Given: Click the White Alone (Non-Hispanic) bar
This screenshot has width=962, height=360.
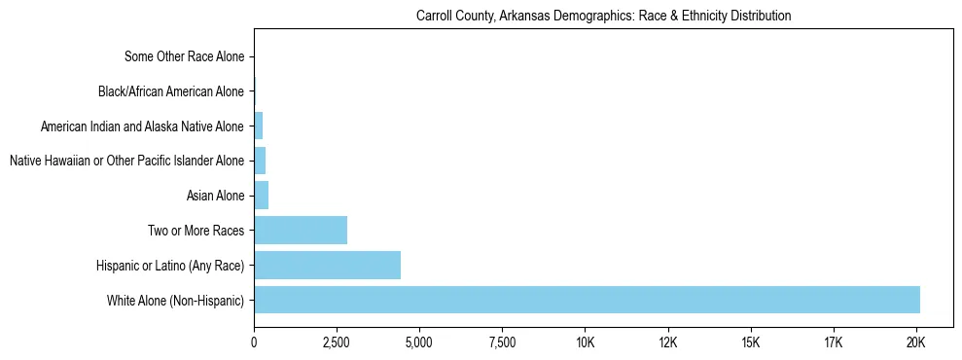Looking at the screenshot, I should pyautogui.click(x=587, y=300).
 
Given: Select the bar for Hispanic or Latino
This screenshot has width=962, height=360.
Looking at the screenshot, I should pyautogui.click(x=327, y=266).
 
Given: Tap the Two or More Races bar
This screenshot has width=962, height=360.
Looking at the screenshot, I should pyautogui.click(x=301, y=231).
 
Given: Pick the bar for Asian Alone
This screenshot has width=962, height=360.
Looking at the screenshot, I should pyautogui.click(x=261, y=196).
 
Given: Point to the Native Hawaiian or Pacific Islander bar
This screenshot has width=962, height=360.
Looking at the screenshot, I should pyautogui.click(x=260, y=161).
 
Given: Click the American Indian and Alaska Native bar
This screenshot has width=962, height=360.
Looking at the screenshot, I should pyautogui.click(x=259, y=126).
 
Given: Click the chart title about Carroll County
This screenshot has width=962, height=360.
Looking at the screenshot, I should pyautogui.click(x=603, y=16).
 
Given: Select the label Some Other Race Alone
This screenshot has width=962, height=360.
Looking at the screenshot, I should pyautogui.click(x=185, y=57).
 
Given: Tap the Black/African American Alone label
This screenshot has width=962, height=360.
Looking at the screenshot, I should pyautogui.click(x=171, y=92).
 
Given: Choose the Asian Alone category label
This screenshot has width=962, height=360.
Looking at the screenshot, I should pyautogui.click(x=215, y=197).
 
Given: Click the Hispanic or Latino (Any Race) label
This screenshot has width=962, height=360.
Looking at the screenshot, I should pyautogui.click(x=170, y=266).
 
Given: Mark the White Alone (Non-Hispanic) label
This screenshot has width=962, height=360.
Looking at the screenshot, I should pyautogui.click(x=176, y=301).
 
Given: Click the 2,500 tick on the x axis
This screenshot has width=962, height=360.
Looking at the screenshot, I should pyautogui.click(x=337, y=343).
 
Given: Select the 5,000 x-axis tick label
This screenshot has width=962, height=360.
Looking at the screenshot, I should pyautogui.click(x=419, y=343).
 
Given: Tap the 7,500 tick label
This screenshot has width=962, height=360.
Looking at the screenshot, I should pyautogui.click(x=502, y=343).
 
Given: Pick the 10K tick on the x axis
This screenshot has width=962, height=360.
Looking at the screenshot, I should pyautogui.click(x=585, y=343).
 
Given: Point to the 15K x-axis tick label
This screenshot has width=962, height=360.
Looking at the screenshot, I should pyautogui.click(x=750, y=343).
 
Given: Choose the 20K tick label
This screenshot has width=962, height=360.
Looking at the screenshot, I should pyautogui.click(x=915, y=343).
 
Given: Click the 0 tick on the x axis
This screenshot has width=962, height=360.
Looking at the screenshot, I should pyautogui.click(x=254, y=343).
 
